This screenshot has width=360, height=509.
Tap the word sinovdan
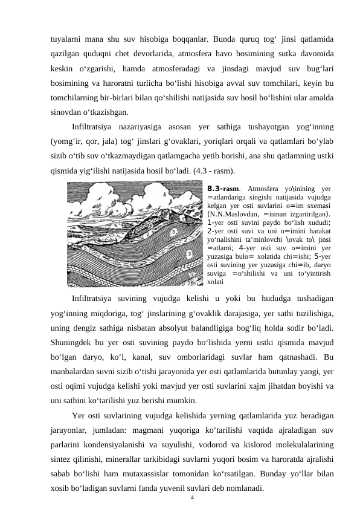pyautogui.click(x=67, y=112)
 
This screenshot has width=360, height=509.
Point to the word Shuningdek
pyautogui.click(x=74, y=342)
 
